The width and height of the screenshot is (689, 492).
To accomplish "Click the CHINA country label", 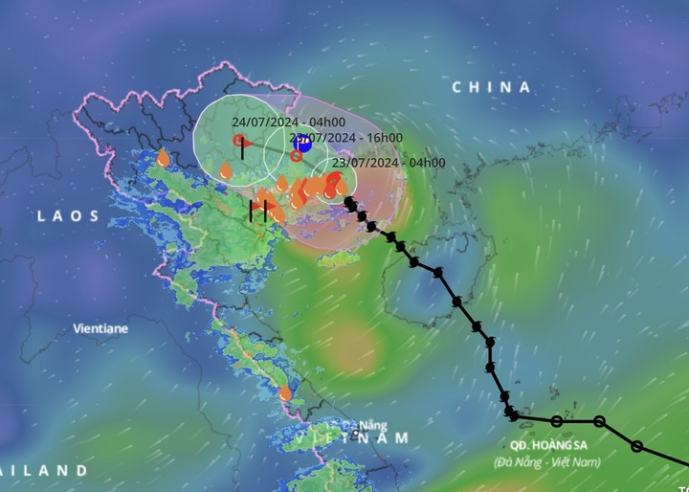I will coord(491,87).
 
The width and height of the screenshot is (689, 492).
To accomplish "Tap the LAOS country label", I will coord(68,216).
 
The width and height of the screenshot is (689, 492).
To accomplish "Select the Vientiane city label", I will coord(100,328).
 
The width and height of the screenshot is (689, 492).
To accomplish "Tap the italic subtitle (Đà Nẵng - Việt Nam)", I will coord(548,462).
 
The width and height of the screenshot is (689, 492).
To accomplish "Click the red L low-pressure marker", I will coord(239,141).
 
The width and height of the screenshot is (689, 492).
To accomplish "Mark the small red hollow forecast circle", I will coord(297,156).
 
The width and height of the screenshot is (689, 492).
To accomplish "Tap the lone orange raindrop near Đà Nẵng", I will coord(285,392).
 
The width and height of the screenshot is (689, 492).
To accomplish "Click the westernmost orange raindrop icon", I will coord(163,157).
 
